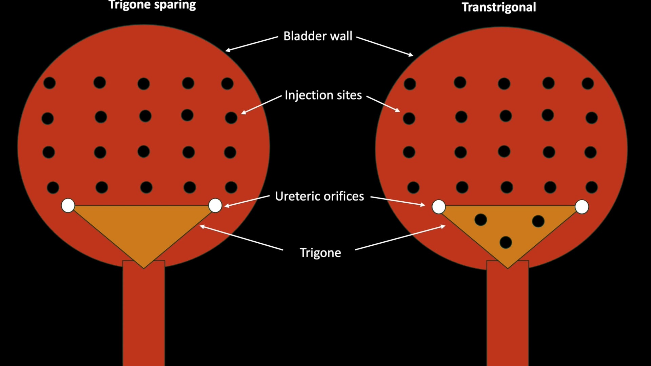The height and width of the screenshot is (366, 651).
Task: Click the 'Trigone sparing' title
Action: click(152, 5)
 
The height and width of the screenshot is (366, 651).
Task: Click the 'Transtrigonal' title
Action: click(499, 7)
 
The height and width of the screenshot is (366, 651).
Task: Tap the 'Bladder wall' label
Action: click(318, 36)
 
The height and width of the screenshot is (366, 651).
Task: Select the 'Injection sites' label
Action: click(323, 95)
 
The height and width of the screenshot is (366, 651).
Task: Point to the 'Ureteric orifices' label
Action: click(319, 196)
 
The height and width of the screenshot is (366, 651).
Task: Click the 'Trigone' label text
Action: click(320, 253)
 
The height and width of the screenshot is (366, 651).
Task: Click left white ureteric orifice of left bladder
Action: click(68, 205)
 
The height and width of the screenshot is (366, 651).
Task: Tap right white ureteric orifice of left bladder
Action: click(215, 205)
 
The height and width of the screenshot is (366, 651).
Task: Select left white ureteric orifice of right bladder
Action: click(439, 207)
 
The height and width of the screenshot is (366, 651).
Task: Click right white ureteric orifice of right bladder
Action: click(582, 207)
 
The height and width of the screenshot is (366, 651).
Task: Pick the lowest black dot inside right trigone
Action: click(506, 242)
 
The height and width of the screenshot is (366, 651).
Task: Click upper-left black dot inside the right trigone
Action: click(480, 220)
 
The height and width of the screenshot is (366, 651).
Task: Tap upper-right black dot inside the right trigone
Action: click(538, 221)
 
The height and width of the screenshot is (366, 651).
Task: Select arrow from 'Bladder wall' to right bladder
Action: click(385, 46)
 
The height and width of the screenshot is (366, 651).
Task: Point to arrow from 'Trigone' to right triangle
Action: click(400, 238)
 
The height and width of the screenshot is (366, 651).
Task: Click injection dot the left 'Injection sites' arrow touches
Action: click(231, 118)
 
